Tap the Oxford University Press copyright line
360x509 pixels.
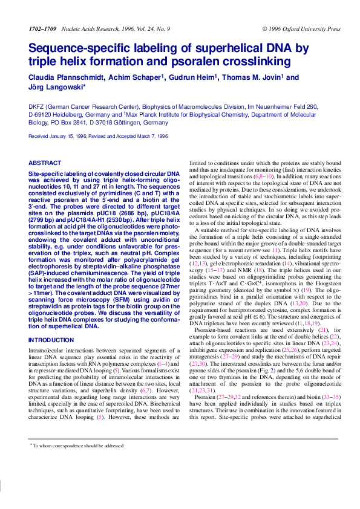(x=301, y=29)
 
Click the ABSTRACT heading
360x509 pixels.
(x=45, y=163)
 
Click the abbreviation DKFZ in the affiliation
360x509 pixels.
(x=36, y=106)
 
